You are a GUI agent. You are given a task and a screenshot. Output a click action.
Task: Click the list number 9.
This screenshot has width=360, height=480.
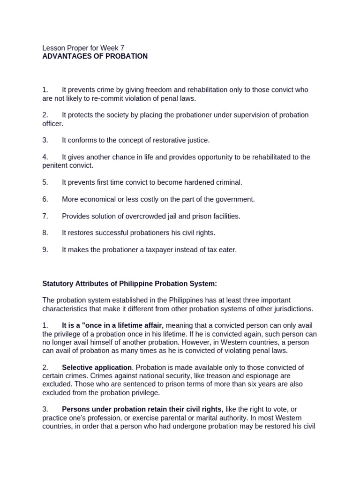45,250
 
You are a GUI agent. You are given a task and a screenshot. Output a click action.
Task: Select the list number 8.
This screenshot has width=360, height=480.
45,233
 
